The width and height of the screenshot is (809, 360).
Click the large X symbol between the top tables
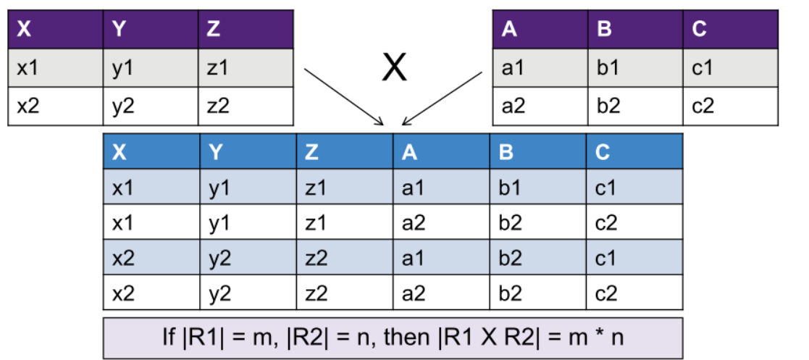click(x=395, y=69)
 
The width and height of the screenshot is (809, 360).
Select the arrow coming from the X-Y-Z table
click(x=343, y=97)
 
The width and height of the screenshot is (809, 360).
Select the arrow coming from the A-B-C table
click(x=442, y=98)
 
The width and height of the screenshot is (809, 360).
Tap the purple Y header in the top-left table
click(x=151, y=30)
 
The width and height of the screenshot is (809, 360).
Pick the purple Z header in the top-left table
click(x=246, y=30)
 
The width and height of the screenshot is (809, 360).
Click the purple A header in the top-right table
click(x=540, y=30)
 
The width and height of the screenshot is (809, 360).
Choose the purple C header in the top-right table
click(x=730, y=30)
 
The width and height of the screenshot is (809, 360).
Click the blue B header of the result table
click(x=537, y=152)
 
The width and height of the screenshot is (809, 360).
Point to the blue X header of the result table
click(x=151, y=152)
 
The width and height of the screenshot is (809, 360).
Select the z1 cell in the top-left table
click(x=246, y=68)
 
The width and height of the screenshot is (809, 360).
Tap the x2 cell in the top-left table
click(x=55, y=106)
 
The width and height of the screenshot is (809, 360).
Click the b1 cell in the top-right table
click(x=634, y=68)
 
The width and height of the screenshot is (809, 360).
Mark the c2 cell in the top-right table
click(x=730, y=106)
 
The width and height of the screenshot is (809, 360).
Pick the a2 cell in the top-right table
click(x=540, y=106)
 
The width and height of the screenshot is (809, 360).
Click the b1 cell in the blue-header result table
click(x=537, y=188)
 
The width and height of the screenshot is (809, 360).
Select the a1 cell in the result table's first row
click(x=441, y=188)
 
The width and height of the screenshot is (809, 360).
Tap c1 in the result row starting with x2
click(x=634, y=258)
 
